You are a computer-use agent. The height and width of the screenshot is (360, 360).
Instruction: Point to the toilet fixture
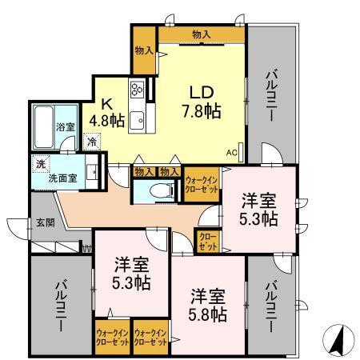pyautogui.click(x=163, y=191)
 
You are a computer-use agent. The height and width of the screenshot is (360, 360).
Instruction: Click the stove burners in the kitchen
pyautogui.click(x=136, y=90)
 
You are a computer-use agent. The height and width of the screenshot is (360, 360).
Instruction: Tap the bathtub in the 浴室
pyautogui.click(x=46, y=119)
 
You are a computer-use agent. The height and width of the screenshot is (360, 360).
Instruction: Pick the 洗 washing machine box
pyautogui.click(x=39, y=163)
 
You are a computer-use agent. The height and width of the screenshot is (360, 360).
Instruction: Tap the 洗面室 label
pyautogui.click(x=54, y=178)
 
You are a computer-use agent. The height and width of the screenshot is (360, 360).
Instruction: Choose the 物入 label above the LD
pyautogui.click(x=201, y=33)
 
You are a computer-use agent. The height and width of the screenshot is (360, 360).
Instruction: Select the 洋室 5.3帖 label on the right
pyautogui.click(x=261, y=208)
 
